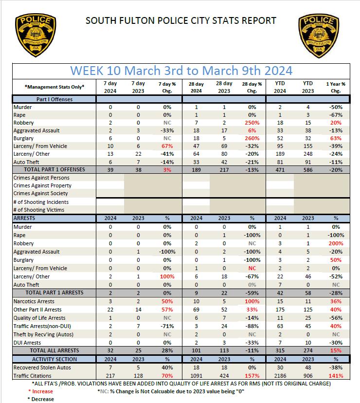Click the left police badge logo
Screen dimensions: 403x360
click(x=35, y=36)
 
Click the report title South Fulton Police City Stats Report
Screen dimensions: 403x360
click(x=180, y=20)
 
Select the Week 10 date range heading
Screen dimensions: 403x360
click(x=181, y=70)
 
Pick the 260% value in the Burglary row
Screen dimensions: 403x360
click(x=252, y=138)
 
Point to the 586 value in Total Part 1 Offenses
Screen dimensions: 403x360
click(x=307, y=169)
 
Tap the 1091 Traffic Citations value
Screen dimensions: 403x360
click(x=196, y=376)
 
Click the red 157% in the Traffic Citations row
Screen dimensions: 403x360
click(x=252, y=376)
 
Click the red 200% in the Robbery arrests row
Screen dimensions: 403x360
click(x=336, y=243)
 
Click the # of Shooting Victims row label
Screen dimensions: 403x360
click(x=38, y=210)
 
